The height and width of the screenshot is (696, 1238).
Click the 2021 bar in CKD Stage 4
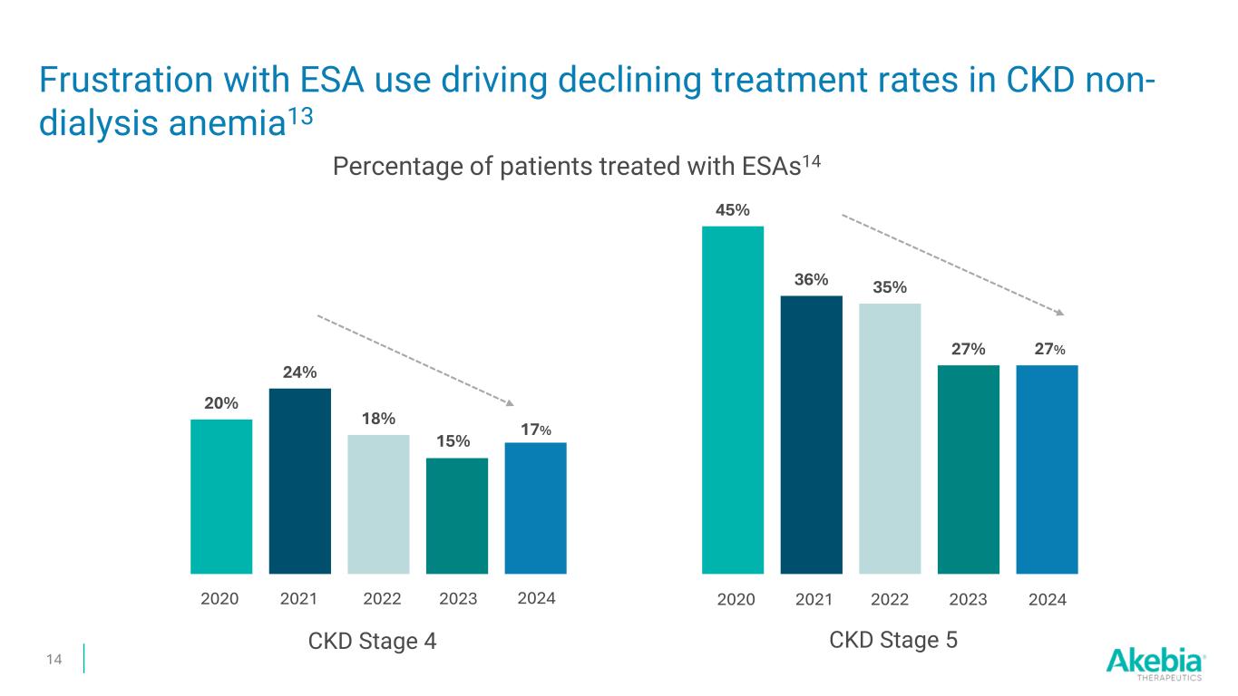click(x=299, y=480)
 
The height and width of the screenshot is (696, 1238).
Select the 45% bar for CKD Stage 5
click(x=733, y=399)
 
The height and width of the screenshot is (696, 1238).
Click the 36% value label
click(x=811, y=280)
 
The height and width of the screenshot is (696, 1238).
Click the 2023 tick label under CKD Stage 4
click(x=457, y=599)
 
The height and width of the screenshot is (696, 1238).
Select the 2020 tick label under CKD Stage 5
click(x=735, y=600)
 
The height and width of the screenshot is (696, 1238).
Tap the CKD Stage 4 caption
click(x=373, y=641)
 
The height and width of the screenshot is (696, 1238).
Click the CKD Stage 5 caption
click(x=893, y=640)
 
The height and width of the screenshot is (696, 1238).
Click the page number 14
click(x=54, y=659)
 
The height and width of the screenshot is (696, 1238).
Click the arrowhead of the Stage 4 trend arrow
click(x=513, y=403)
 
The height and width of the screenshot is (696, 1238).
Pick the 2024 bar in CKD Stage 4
click(x=535, y=507)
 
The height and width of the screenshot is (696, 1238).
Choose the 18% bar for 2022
click(x=378, y=504)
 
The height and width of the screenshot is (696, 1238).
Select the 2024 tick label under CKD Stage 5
click(x=1048, y=600)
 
